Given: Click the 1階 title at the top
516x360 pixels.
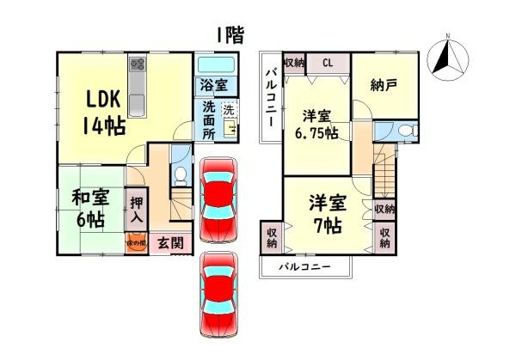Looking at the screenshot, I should (x=230, y=35).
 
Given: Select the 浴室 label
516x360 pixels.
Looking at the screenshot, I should (x=213, y=85).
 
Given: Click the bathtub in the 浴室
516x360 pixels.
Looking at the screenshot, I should (x=215, y=64).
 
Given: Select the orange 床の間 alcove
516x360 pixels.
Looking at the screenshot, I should (x=137, y=243).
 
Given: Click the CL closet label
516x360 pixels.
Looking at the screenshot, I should (x=328, y=62).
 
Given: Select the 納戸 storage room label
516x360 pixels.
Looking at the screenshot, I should (x=383, y=85).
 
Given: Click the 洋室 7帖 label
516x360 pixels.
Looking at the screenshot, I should (x=328, y=215).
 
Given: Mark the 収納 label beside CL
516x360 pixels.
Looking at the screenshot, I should (x=293, y=62).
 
